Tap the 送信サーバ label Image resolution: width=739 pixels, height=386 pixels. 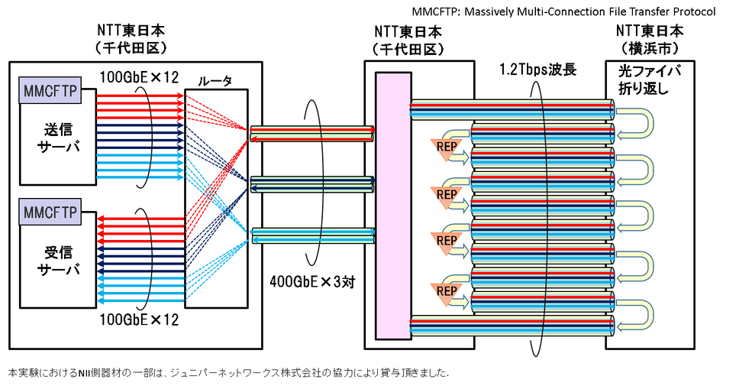pyautogui.click(x=57, y=136)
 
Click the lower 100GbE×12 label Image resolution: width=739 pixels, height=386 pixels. pyautogui.click(x=139, y=319)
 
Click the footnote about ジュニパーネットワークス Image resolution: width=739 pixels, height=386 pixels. pyautogui.click(x=228, y=374)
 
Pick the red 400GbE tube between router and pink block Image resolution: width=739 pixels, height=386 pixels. pyautogui.click(x=312, y=133)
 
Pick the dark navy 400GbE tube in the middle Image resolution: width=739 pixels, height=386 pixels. pyautogui.click(x=312, y=184)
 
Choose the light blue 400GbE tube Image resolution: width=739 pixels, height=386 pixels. pyautogui.click(x=312, y=235)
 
